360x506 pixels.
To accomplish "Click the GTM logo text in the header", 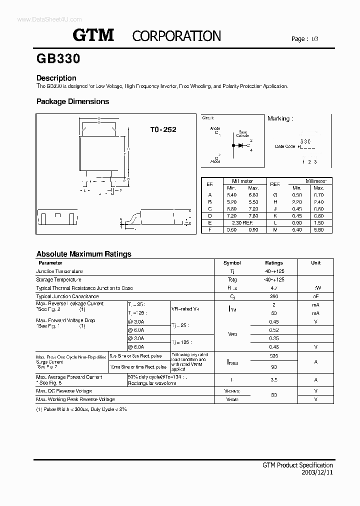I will point(94,35).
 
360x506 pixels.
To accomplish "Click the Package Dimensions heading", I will point(72,101).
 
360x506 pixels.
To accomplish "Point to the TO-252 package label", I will point(163,129).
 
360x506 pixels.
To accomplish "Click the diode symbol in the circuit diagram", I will point(241,145).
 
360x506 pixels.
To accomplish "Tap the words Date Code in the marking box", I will point(285,146).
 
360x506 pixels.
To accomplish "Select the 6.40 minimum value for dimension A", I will point(231,195).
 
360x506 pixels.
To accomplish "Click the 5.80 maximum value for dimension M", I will point(318,229).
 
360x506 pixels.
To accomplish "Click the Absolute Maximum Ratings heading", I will point(83,254).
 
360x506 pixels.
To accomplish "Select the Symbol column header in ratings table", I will point(232,262).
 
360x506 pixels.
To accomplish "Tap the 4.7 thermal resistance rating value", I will point(273,288).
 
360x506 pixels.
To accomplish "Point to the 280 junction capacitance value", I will point(273,296).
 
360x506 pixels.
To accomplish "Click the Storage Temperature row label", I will point(59,279).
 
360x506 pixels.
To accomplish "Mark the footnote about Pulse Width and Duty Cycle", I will point(81,409).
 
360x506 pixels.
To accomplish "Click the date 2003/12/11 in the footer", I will point(317,472).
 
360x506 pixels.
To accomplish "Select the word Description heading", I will point(56,78).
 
